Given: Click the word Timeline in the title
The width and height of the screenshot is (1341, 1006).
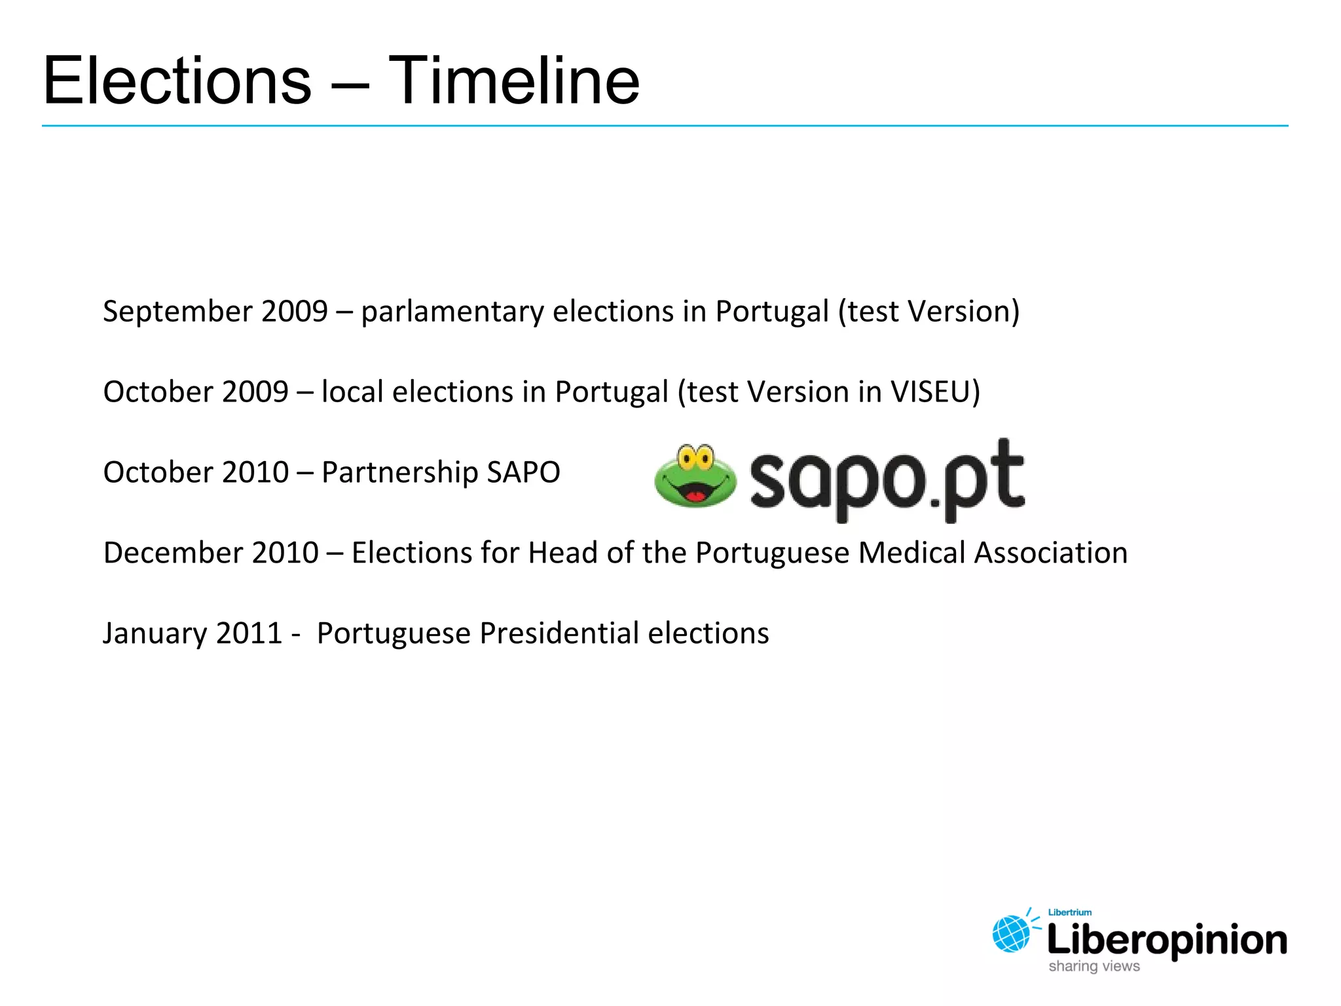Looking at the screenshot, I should [x=514, y=81].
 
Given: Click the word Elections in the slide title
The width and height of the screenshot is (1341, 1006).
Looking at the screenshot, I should [x=177, y=81].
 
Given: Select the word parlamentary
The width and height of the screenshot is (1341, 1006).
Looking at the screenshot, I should [x=452, y=312].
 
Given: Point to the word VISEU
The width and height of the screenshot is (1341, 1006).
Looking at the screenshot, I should [x=930, y=392].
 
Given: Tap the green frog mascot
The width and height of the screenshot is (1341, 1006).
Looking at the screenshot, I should [x=695, y=475].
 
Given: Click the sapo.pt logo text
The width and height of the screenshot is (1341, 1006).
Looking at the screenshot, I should [x=887, y=479].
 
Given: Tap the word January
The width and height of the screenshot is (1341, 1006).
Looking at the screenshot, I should [x=155, y=633].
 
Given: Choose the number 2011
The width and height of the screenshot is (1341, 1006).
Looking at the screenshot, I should [x=249, y=633].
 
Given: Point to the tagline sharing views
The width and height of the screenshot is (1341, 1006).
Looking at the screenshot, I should [x=1094, y=967].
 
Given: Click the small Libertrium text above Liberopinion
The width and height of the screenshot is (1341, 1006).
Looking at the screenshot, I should [x=1070, y=912].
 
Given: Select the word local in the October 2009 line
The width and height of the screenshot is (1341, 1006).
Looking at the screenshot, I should [x=352, y=392].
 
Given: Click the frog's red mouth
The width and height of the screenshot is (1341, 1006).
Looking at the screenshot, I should [x=695, y=495].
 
